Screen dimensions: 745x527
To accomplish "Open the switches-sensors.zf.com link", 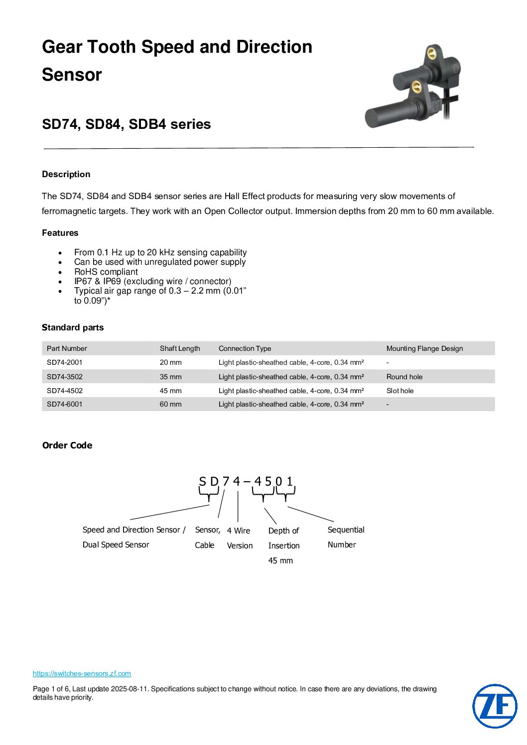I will pos(82,673).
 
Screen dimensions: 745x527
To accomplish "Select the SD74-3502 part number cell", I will pos(65,377).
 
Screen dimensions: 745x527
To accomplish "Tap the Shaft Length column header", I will pos(180,348).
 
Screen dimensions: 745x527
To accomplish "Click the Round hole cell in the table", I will pos(404,377).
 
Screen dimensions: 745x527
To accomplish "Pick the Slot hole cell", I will pos(400,391).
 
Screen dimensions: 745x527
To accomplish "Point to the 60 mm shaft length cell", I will pos(171,404).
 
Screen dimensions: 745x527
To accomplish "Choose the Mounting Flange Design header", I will pos(424,348).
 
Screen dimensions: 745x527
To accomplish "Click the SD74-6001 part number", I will pos(65,404).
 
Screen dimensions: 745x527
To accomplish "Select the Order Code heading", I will pos(67,445).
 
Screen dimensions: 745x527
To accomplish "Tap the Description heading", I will pos(66,174).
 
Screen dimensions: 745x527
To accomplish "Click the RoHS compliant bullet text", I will pos(106,272).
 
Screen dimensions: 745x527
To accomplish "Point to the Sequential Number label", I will pos(346,537).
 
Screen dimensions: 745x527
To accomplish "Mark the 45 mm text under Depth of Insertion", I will pos(280,560).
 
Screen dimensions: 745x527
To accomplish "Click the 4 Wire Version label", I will pos(240,538).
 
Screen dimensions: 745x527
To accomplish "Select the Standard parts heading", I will pos(73,327).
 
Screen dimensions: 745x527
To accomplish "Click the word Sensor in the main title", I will pos(72,75).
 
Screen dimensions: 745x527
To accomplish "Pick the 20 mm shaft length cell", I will pos(171,362).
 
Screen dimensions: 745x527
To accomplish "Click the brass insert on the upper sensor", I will pos(431,51).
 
